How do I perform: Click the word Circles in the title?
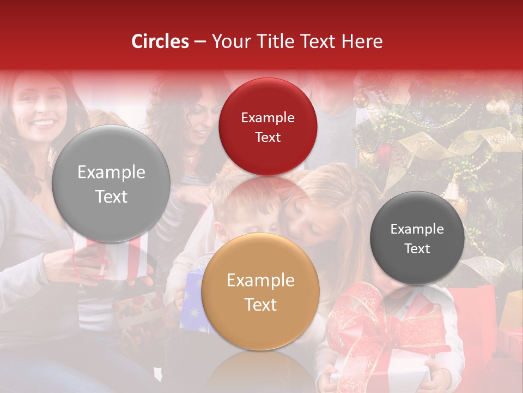pos(160,41)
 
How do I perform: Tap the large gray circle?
pos(111,183)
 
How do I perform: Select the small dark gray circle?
pos(417,238)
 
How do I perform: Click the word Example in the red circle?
pos(267,118)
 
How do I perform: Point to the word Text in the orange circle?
pos(260,305)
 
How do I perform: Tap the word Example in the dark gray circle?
pos(417,229)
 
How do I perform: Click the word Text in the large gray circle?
pos(111,196)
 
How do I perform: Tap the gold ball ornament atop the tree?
pos(360,99)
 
